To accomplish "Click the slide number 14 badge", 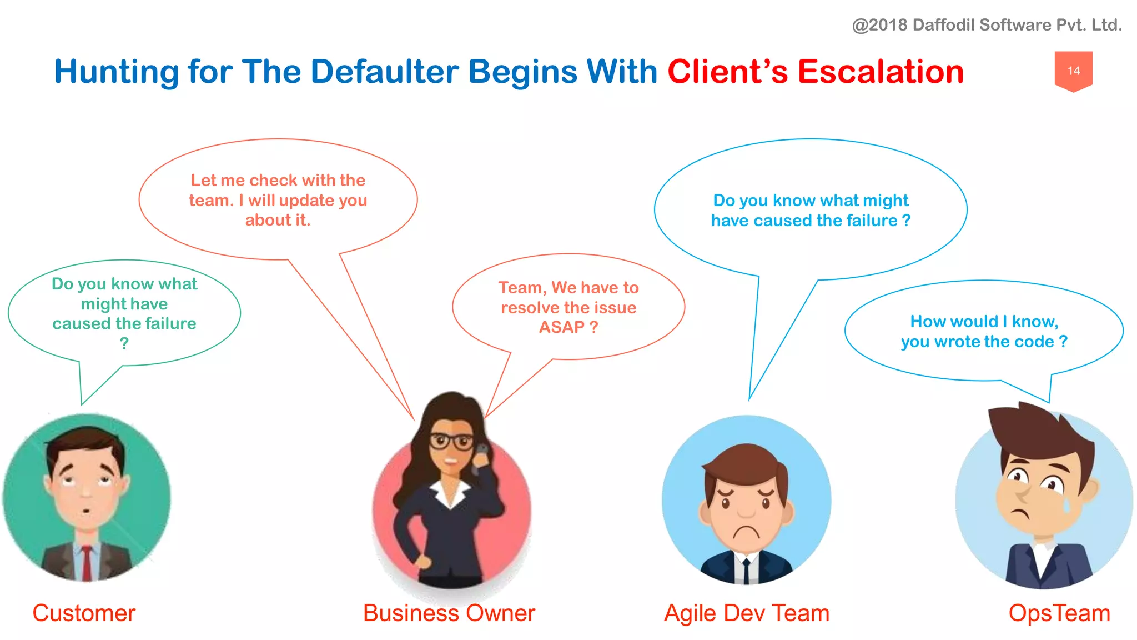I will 1073,71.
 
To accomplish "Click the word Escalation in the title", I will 881,72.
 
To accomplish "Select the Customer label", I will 84,613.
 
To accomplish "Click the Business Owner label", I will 449,613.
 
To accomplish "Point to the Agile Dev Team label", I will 747,613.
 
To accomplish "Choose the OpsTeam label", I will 1059,613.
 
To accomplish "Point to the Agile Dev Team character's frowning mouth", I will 746,532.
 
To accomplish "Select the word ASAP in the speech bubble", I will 561,327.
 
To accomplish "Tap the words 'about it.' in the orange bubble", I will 278,221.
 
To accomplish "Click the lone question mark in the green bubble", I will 124,344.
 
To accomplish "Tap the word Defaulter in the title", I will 385,72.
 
